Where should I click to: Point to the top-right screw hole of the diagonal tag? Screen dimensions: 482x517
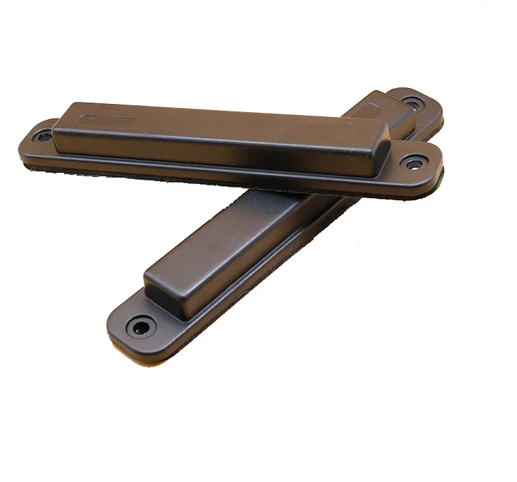pos(413,104)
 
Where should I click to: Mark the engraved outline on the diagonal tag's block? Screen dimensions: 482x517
pos(372,105)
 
